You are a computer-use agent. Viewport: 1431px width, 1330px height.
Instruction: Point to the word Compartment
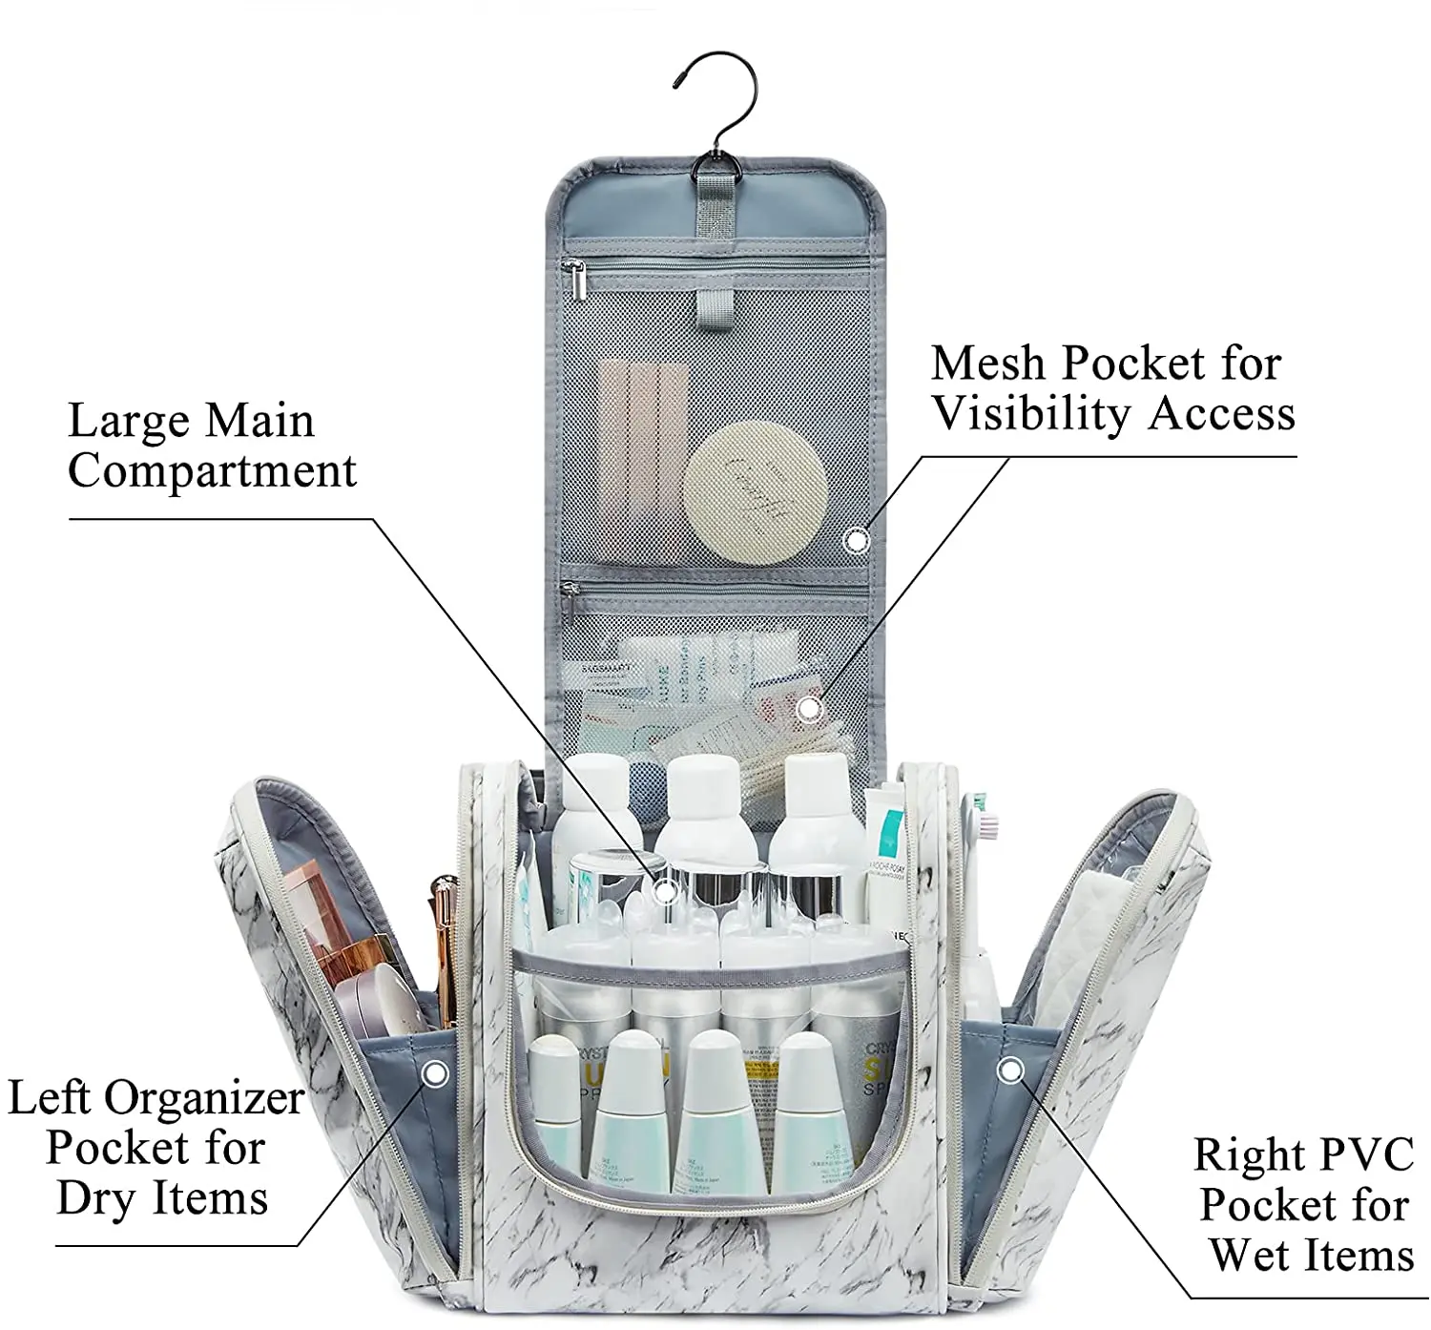212,470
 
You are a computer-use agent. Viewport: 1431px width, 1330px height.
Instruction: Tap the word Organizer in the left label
204,1098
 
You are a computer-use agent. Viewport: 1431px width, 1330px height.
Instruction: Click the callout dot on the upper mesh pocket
857,541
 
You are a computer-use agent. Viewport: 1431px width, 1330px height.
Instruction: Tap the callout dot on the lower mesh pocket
810,709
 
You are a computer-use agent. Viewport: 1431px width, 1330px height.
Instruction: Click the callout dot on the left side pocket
435,1074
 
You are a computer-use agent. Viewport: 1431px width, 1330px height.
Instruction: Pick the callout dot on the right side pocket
1010,1070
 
